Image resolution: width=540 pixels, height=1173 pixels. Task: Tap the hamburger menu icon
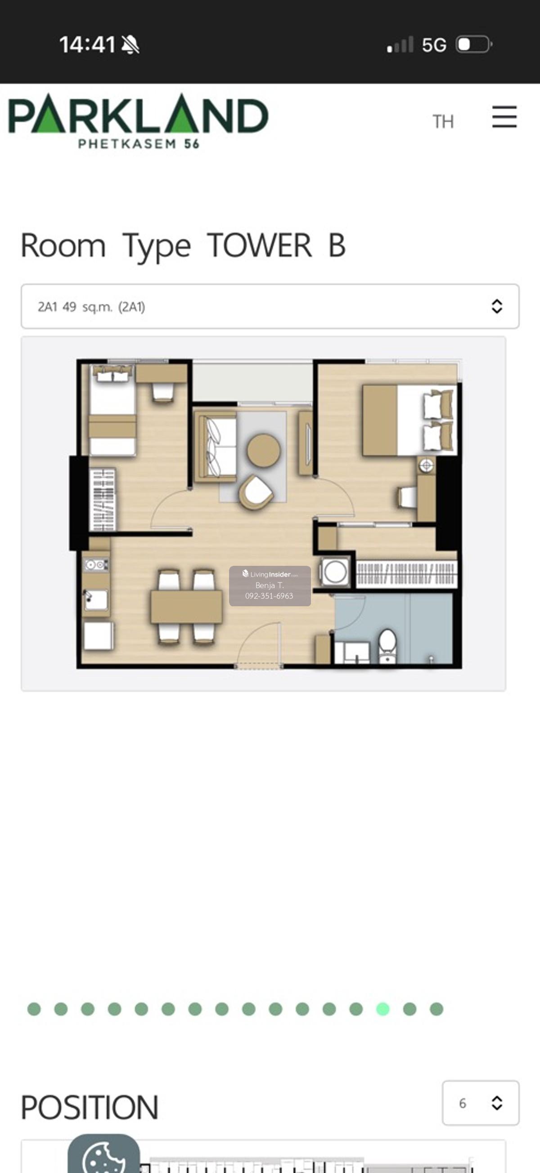coord(504,117)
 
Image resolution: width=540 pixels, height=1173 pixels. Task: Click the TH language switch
coord(443,121)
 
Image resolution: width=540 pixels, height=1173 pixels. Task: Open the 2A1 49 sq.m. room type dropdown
coord(270,306)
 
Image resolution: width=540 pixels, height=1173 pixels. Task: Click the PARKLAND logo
coord(138,121)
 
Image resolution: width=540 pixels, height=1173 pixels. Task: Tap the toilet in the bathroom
coord(388,645)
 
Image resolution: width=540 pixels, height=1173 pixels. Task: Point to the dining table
coord(186,607)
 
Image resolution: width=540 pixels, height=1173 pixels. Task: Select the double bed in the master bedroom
coord(409,420)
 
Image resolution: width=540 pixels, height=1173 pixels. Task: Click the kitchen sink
coord(96,600)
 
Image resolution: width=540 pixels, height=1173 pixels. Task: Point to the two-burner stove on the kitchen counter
coord(96,565)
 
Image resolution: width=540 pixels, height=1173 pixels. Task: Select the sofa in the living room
coord(216,446)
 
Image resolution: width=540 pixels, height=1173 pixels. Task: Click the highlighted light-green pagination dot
coord(383,1009)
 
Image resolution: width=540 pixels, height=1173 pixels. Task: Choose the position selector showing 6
coord(480,1103)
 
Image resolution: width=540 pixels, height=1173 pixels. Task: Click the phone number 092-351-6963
coord(269,595)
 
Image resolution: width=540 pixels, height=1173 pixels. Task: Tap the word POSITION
coord(90,1107)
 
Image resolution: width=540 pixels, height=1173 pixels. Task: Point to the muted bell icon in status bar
coord(130,45)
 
